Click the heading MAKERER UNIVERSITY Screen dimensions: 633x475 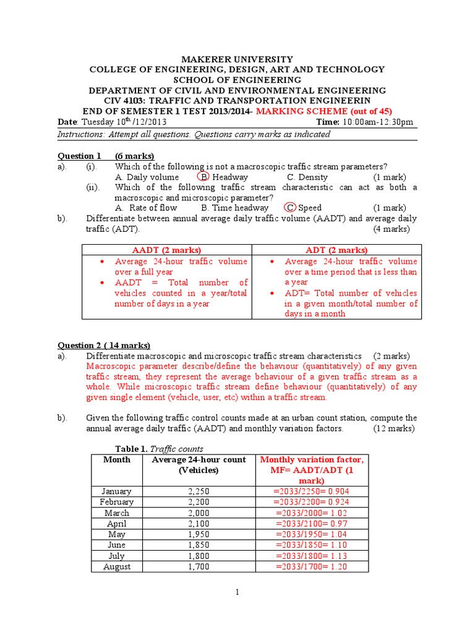pyautogui.click(x=237, y=59)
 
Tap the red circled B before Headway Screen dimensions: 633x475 pyautogui.click(x=205, y=177)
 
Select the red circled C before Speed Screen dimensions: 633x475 pyautogui.click(x=290, y=208)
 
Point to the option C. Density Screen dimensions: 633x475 pyautogui.click(x=307, y=177)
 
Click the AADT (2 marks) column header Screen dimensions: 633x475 pyautogui.click(x=167, y=250)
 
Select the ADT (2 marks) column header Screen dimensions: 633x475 pyautogui.click(x=336, y=250)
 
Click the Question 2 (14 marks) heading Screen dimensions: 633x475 pyautogui.click(x=104, y=346)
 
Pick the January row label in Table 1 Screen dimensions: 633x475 pyautogui.click(x=116, y=491)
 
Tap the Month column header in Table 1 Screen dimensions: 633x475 pyautogui.click(x=117, y=459)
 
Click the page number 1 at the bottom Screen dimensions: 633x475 pyautogui.click(x=237, y=592)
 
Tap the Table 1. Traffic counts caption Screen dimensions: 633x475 pyautogui.click(x=160, y=449)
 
